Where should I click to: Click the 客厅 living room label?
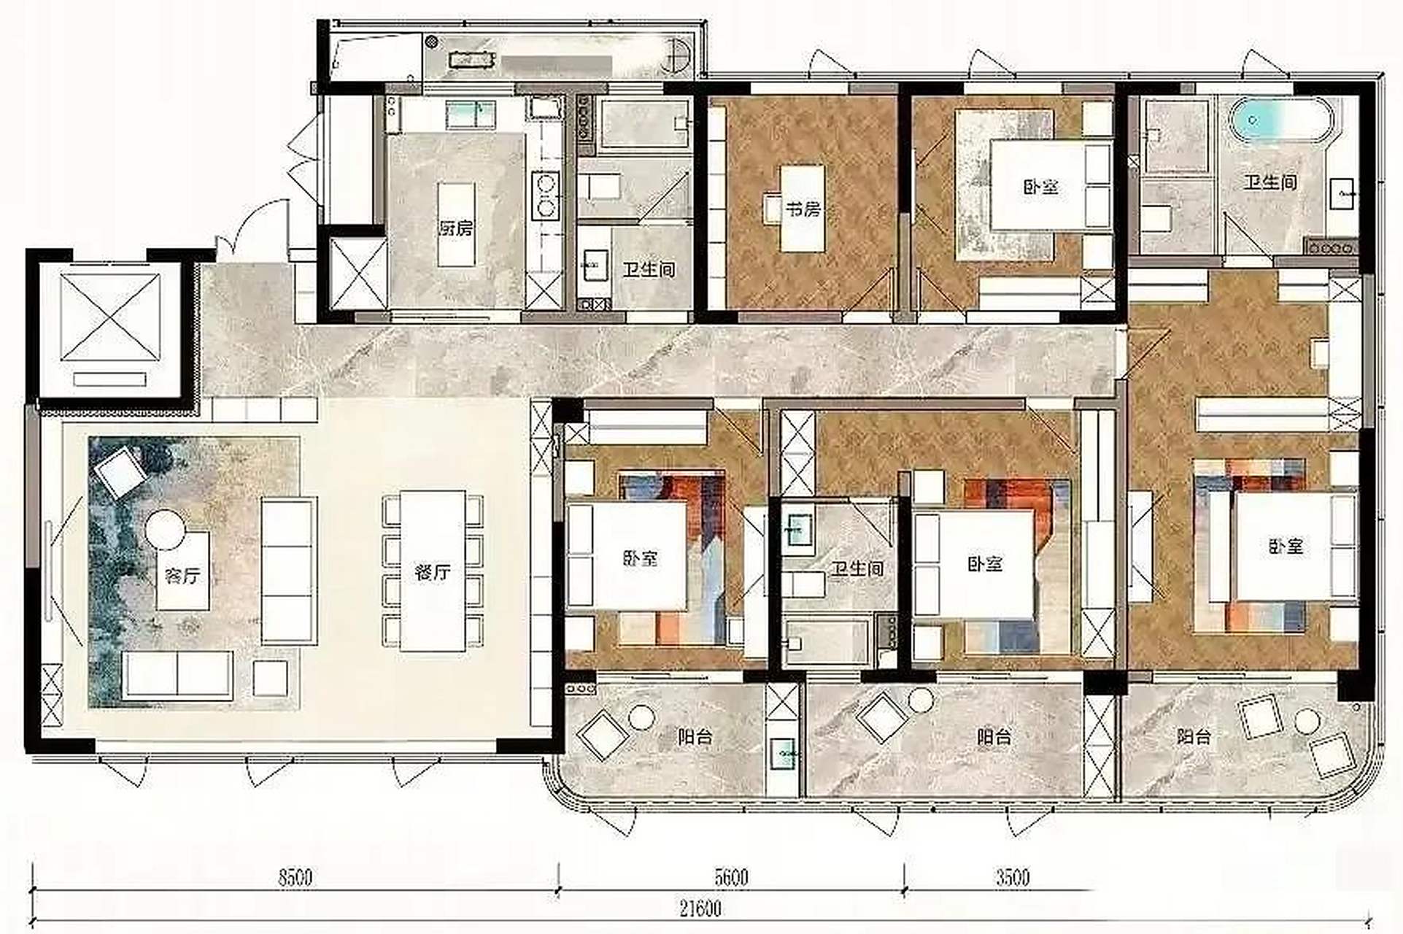point(182,576)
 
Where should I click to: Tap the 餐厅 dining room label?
point(432,572)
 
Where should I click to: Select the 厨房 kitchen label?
point(456,228)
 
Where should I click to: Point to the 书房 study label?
point(803,209)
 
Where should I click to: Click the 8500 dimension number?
point(295,876)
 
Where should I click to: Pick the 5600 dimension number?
point(731,876)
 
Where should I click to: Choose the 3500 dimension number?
point(1013,876)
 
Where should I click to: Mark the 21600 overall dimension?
point(700,908)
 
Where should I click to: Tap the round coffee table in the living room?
point(166,529)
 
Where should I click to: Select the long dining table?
point(433,571)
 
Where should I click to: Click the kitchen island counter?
point(456,224)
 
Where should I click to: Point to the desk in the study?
point(803,209)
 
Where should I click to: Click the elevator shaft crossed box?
point(110,317)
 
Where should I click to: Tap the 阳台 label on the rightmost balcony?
point(1194,737)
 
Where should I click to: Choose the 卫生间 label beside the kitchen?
point(649,269)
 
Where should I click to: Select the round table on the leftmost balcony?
point(641,718)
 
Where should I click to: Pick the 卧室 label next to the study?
point(1040,186)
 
